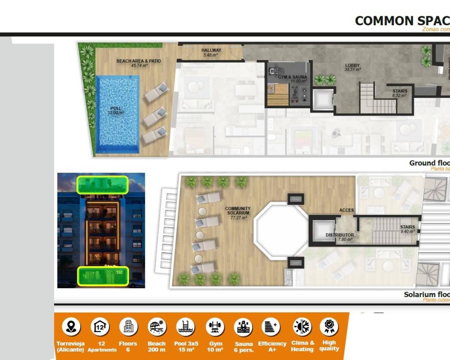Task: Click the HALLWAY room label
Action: click(211, 50)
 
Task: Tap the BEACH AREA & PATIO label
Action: click(139, 61)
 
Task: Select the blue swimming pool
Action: click(117, 114)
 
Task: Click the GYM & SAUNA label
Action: click(292, 77)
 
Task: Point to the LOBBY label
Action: click(352, 65)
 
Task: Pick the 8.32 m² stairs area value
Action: click(399, 96)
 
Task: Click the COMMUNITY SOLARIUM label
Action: click(238, 211)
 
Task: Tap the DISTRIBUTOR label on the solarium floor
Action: click(340, 235)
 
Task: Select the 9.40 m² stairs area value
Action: click(407, 231)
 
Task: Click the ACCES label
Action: click(346, 210)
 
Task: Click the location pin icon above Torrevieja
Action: click(71, 327)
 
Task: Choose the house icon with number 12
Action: click(100, 327)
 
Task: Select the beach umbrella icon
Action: click(156, 327)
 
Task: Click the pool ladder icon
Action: click(186, 327)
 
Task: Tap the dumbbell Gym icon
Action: click(215, 327)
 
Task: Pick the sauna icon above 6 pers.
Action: click(243, 327)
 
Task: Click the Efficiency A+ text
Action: click(272, 346)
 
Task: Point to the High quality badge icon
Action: click(329, 326)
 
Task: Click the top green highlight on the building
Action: click(102, 185)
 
